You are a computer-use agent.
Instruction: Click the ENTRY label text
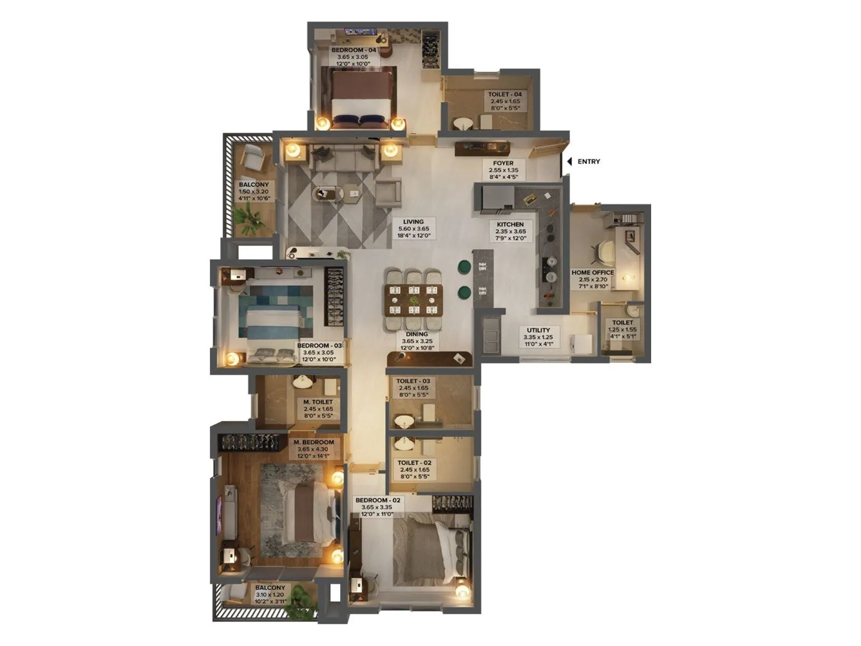[x=589, y=161]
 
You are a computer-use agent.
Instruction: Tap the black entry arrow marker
[x=569, y=161]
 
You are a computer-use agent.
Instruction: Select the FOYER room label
[x=503, y=163]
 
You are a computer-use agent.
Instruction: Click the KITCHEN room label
[x=510, y=224]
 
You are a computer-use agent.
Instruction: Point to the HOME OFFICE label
[x=592, y=272]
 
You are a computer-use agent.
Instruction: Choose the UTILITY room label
[x=538, y=331]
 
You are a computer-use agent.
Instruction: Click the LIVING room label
[x=413, y=222]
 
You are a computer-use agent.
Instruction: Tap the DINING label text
[x=417, y=334]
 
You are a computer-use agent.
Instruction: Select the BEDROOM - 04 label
[x=353, y=50]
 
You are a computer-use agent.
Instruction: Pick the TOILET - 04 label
[x=505, y=94]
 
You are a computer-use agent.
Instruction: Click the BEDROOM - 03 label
[x=319, y=346]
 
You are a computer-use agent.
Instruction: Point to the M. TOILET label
[x=318, y=402]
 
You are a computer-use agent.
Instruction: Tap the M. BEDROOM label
[x=314, y=443]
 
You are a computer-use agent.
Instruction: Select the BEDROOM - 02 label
[x=378, y=500]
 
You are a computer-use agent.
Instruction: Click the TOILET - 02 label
[x=414, y=463]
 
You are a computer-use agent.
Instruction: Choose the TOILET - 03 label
[x=413, y=381]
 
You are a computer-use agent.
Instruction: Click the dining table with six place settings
[x=413, y=299]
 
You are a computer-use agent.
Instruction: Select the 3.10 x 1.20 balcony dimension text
[x=270, y=595]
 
